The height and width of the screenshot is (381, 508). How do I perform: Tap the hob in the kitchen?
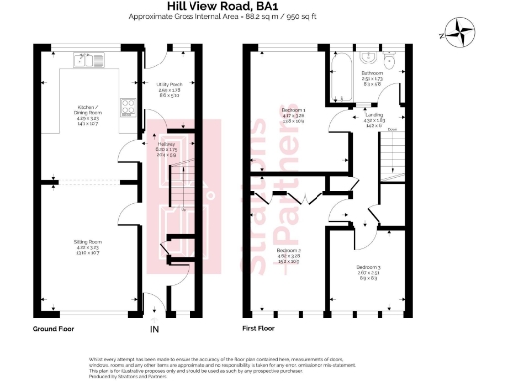[x=127, y=105]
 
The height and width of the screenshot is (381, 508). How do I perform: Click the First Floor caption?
[x=259, y=327]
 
